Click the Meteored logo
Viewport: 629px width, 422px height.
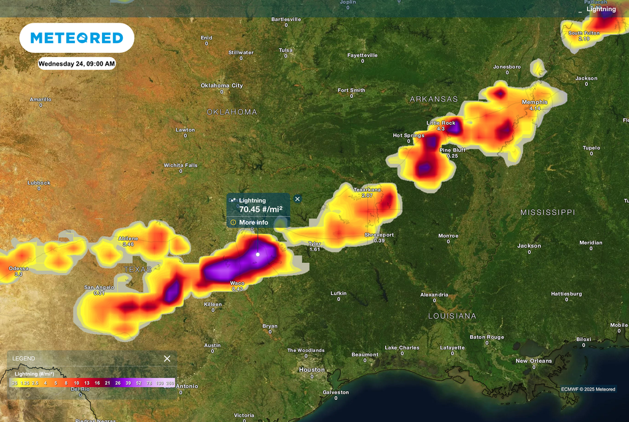coord(77,38)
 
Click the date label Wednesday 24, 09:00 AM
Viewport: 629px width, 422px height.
coord(77,63)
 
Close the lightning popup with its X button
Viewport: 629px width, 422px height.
coord(298,199)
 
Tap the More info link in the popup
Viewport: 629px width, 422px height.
coord(253,222)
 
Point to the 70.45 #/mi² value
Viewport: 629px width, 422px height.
coord(260,209)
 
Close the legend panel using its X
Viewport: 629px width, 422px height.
coord(167,358)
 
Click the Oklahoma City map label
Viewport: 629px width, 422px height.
coord(222,85)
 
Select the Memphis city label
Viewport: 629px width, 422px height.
coord(534,102)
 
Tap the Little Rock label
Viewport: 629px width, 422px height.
coord(441,123)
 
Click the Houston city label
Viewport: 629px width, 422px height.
coord(311,369)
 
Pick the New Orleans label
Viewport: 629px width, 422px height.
coord(533,361)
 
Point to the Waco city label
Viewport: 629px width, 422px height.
coord(237,283)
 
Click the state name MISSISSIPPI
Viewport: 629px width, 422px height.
coord(547,212)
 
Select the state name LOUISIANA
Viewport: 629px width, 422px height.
coord(452,316)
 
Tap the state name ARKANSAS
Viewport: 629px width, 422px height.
coord(434,99)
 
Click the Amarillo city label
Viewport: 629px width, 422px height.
coord(41,99)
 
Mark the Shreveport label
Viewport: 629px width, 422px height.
coord(379,235)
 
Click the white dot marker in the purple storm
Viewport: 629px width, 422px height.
coord(258,254)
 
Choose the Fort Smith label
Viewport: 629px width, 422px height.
coord(351,90)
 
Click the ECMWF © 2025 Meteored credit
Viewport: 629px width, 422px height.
coord(588,389)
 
